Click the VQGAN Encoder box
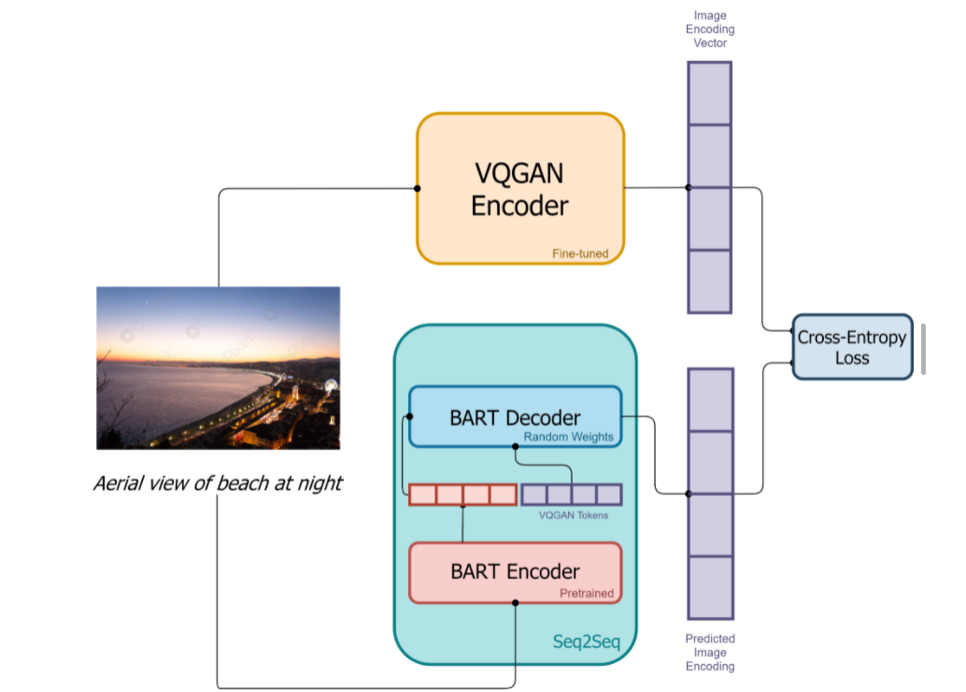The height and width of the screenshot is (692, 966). pyautogui.click(x=519, y=189)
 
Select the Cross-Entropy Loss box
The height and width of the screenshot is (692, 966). pyautogui.click(x=851, y=347)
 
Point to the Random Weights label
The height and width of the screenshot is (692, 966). pyautogui.click(x=568, y=436)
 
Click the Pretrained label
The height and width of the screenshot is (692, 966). pyautogui.click(x=586, y=593)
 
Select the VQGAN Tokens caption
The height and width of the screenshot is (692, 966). pyautogui.click(x=573, y=514)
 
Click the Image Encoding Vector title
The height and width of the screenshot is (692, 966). pyautogui.click(x=709, y=29)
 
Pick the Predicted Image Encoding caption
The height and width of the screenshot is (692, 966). pyautogui.click(x=710, y=653)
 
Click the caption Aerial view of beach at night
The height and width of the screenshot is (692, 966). pyautogui.click(x=218, y=483)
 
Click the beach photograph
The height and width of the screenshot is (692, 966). pyautogui.click(x=218, y=368)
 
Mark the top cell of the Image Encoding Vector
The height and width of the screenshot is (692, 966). pyautogui.click(x=710, y=93)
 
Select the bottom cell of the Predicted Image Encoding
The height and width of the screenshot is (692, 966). pyautogui.click(x=710, y=587)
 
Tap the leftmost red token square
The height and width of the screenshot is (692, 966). pyautogui.click(x=422, y=494)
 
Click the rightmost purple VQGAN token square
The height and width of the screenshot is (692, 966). pyautogui.click(x=609, y=494)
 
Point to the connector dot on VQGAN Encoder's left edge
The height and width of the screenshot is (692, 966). pyautogui.click(x=418, y=189)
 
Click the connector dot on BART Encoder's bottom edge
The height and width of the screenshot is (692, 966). pyautogui.click(x=515, y=603)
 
